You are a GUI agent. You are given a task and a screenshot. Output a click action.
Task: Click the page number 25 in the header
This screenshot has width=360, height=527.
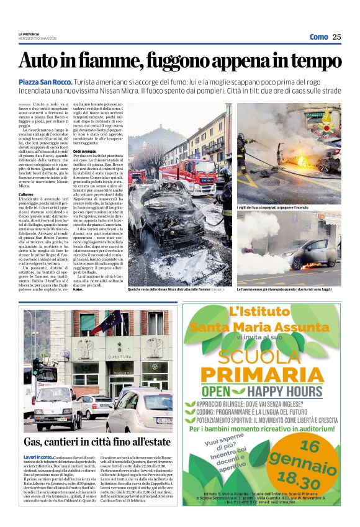(336, 37)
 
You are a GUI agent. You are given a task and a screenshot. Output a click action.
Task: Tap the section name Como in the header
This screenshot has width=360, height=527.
(318, 37)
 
